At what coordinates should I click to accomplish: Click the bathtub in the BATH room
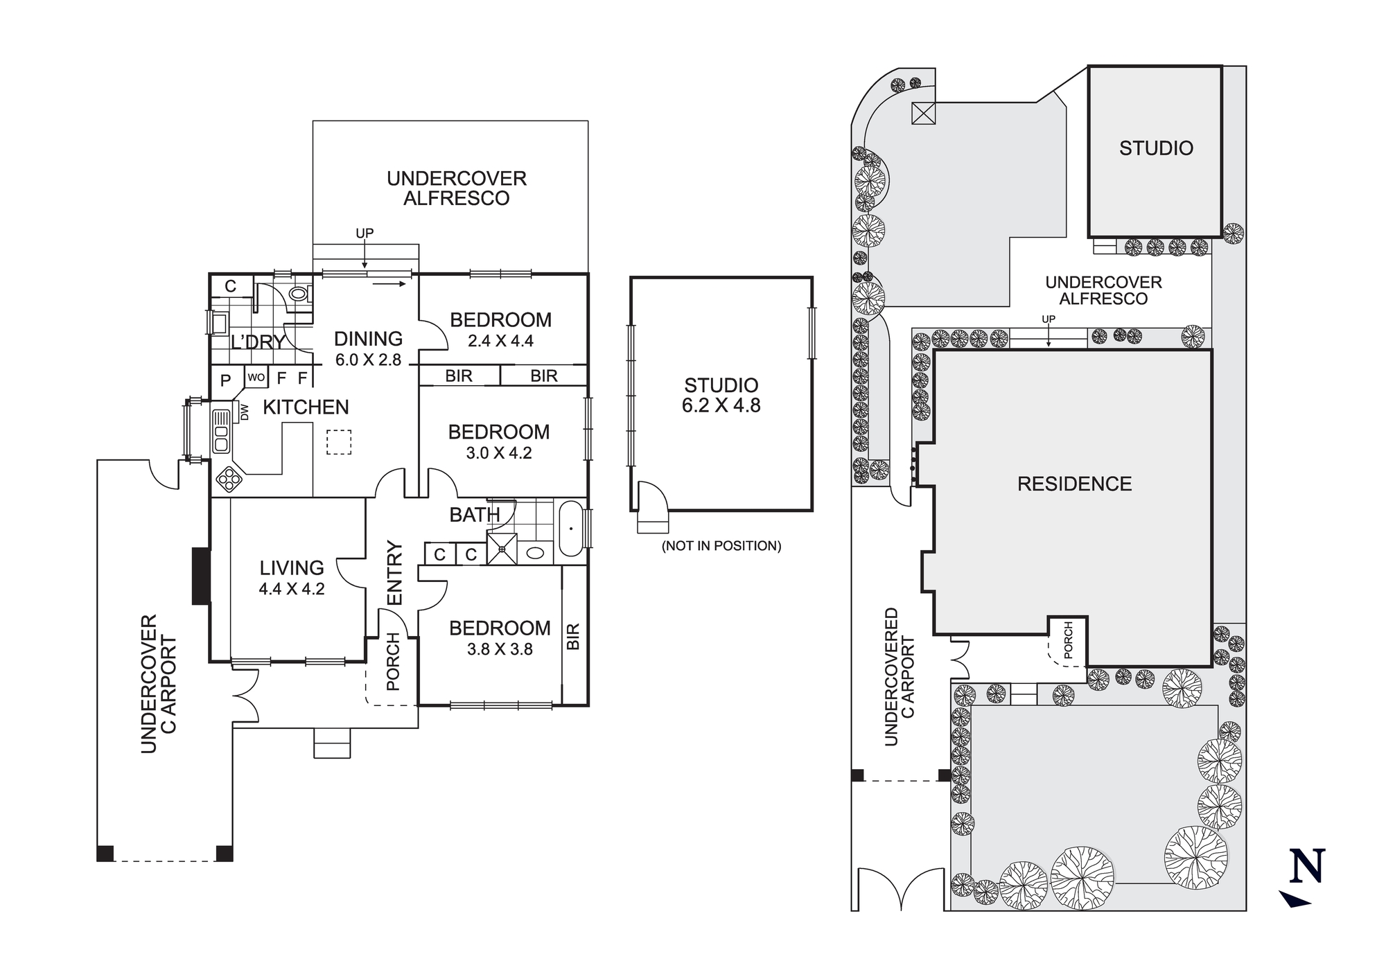(x=571, y=529)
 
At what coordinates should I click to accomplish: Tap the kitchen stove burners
(x=228, y=478)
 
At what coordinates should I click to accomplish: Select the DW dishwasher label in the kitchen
(x=244, y=412)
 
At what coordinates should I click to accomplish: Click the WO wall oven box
(x=256, y=378)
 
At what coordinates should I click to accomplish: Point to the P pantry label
(x=226, y=380)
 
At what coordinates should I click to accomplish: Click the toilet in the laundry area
(x=299, y=294)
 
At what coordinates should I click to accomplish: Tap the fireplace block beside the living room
(x=201, y=576)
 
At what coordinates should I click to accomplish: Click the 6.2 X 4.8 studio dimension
(x=721, y=405)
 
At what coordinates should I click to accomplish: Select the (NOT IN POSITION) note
(x=721, y=546)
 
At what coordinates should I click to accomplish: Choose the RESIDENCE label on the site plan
(x=1074, y=484)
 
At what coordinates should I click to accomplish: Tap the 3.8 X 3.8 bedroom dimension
(x=500, y=649)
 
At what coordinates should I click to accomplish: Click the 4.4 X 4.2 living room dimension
(x=292, y=589)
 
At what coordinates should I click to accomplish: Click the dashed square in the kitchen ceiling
(x=339, y=442)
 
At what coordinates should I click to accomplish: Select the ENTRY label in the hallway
(x=394, y=573)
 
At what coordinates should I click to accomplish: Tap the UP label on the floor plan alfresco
(x=365, y=233)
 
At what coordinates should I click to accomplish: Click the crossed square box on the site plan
(x=923, y=113)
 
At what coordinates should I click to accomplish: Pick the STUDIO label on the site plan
(x=1156, y=148)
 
